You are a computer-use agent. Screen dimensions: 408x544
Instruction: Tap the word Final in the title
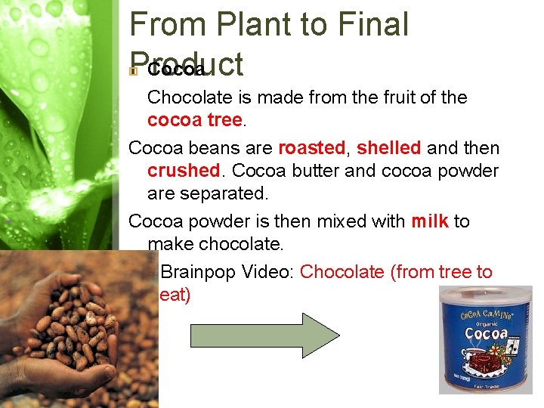click(x=371, y=24)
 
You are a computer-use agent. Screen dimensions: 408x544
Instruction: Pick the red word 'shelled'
click(x=388, y=147)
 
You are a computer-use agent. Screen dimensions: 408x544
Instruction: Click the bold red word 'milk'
click(x=429, y=221)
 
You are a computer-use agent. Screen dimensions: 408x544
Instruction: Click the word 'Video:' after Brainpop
click(x=269, y=272)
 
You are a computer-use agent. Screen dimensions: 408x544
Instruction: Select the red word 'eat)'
click(x=175, y=295)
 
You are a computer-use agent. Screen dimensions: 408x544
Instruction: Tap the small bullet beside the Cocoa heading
click(x=134, y=71)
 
